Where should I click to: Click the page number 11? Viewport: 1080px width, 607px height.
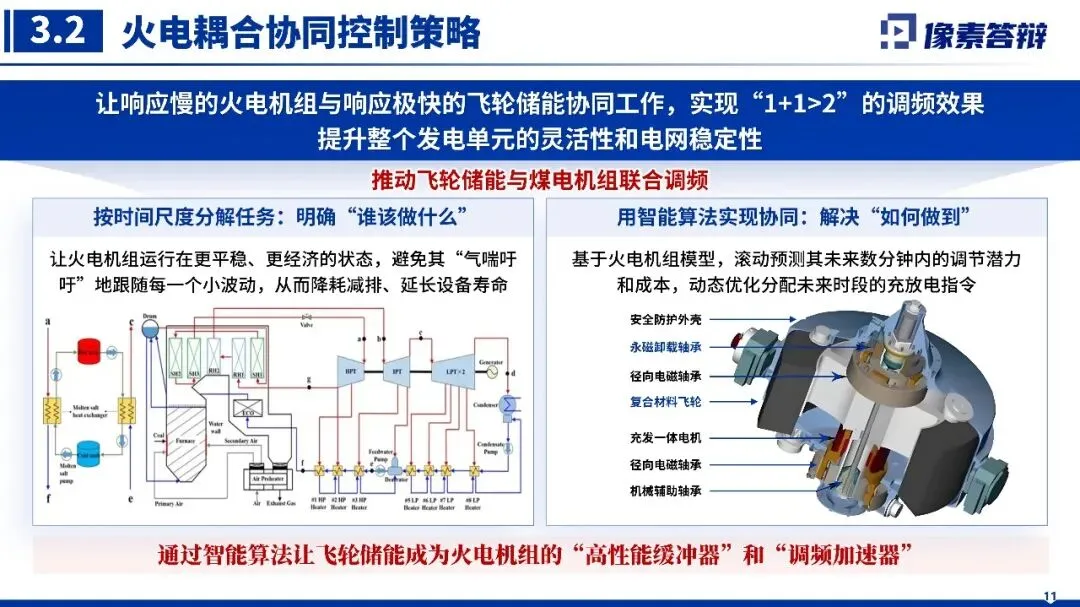[x=1049, y=597]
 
